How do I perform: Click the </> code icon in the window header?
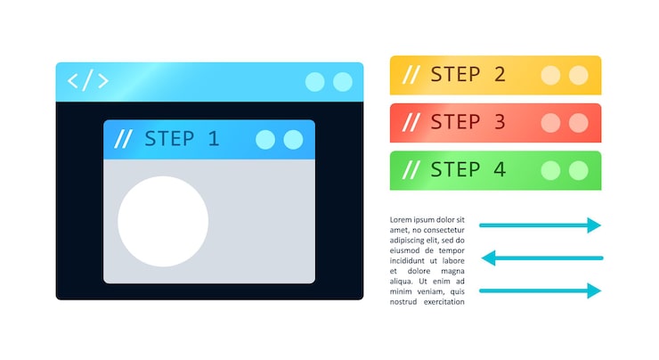point(88,81)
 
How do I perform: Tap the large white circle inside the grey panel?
point(163,222)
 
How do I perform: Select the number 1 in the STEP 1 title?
point(213,139)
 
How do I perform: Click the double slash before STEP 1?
point(124,139)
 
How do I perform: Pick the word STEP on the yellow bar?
point(456,75)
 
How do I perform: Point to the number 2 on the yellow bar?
point(500,75)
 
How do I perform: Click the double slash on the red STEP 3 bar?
point(411,122)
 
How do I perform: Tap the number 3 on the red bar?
point(500,122)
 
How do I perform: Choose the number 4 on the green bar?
point(500,169)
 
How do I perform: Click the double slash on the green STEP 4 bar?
point(411,169)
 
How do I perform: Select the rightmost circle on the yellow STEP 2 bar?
point(579,75)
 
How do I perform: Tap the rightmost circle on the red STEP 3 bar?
point(579,122)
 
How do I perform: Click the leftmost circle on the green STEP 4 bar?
point(551,169)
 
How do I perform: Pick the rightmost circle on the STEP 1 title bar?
point(293,139)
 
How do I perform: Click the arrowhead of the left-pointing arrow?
point(488,258)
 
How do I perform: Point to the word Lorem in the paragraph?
point(403,219)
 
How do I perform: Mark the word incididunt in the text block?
point(410,261)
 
